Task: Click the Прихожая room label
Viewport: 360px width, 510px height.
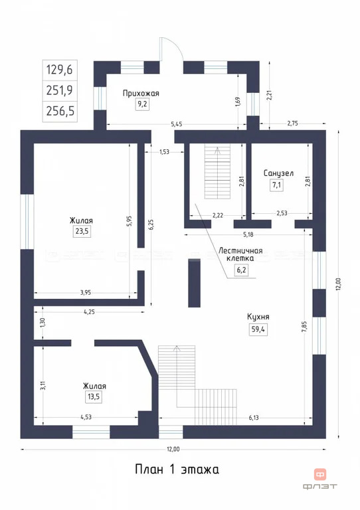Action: tap(141, 94)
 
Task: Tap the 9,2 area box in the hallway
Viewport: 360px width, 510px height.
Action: tap(142, 104)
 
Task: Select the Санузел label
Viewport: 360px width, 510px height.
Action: tap(278, 173)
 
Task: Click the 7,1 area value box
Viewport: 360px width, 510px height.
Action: tap(276, 185)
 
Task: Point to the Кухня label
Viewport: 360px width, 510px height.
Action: tap(258, 317)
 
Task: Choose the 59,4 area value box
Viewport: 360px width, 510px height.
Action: tap(258, 329)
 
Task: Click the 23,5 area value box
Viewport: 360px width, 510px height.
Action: tap(82, 231)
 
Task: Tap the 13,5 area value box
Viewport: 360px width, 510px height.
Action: tap(94, 397)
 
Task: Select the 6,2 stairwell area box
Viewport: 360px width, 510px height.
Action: tap(241, 270)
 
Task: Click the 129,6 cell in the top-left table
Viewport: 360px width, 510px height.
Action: tap(60, 70)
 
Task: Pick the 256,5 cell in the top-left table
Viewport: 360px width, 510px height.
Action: tap(60, 112)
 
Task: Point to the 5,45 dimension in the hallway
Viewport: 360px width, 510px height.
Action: tap(177, 124)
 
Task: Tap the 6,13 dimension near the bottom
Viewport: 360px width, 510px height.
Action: tap(254, 418)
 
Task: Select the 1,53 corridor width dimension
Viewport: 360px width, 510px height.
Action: tap(164, 151)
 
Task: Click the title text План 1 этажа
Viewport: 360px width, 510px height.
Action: tap(177, 469)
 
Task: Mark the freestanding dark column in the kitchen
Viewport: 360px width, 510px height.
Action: tap(194, 283)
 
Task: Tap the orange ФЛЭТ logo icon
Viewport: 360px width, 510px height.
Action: tap(320, 475)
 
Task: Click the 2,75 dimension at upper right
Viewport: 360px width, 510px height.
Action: tap(293, 124)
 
